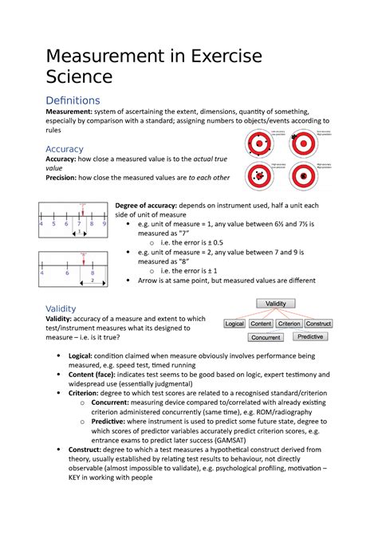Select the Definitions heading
(73, 100)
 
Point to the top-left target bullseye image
(260, 141)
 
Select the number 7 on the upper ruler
(80, 224)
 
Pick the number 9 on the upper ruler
(104, 224)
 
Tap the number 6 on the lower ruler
(68, 272)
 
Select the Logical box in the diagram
(234, 324)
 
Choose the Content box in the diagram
(262, 324)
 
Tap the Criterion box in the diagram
(289, 324)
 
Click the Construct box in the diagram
(319, 324)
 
